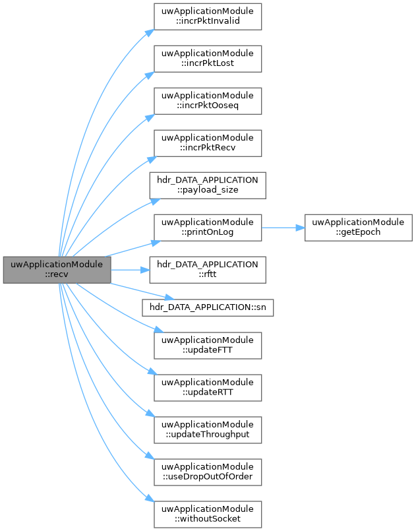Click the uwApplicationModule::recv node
tap(57, 270)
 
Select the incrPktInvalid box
tap(208, 16)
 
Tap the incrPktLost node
tap(208, 58)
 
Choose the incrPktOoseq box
tap(208, 100)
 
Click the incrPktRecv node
tap(208, 142)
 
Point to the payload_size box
tap(208, 185)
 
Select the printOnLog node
tap(208, 227)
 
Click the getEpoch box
tap(359, 227)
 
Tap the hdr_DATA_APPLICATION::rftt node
tap(208, 269)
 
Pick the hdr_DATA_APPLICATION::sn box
tap(208, 307)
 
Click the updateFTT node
tap(208, 345)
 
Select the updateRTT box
tap(208, 387)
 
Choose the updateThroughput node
tap(208, 429)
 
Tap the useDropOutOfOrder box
tap(208, 472)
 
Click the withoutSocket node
tap(208, 514)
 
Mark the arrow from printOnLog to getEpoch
tap(283, 227)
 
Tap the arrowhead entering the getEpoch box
tap(300, 227)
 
